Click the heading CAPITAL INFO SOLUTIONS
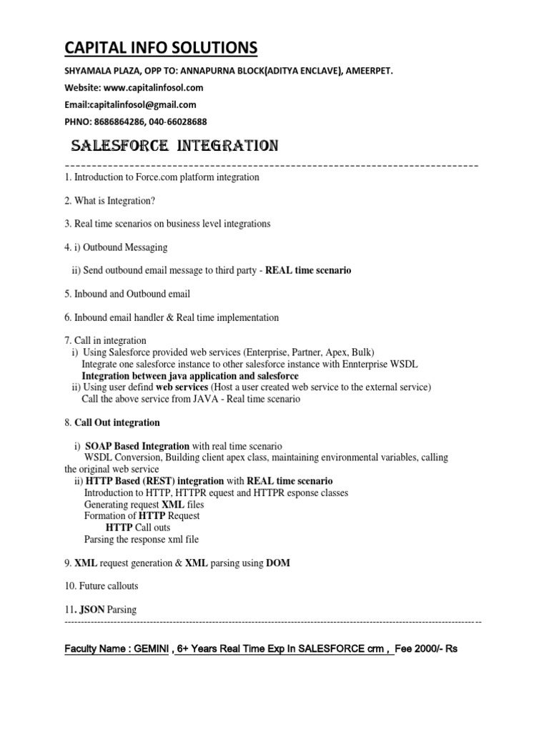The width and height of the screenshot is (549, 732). click(161, 48)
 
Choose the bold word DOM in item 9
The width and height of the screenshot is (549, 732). click(278, 563)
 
